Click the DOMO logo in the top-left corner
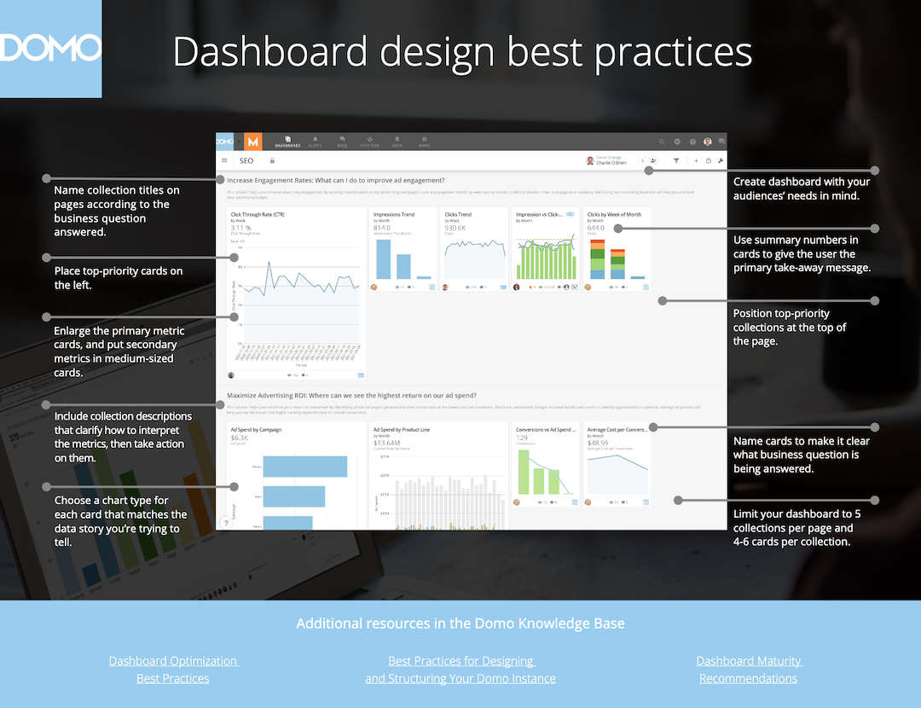pos(50,48)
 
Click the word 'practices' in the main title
pos(673,52)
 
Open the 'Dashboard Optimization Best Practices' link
pos(173,670)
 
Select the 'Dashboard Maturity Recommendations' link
pos(749,670)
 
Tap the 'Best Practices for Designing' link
pos(460,661)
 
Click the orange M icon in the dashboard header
pos(252,142)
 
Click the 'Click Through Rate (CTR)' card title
pos(258,215)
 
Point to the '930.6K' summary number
pos(455,228)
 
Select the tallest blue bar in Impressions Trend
pos(384,258)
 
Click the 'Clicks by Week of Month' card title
pos(614,215)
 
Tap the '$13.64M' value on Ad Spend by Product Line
pos(387,443)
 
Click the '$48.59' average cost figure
pos(598,443)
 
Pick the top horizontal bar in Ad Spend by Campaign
pos(304,467)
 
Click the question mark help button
pos(226,524)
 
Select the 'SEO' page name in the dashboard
pos(246,160)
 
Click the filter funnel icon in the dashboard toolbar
pos(676,160)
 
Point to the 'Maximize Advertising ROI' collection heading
pos(351,396)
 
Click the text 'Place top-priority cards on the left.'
pos(119,278)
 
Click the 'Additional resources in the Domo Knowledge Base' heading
pos(460,624)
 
